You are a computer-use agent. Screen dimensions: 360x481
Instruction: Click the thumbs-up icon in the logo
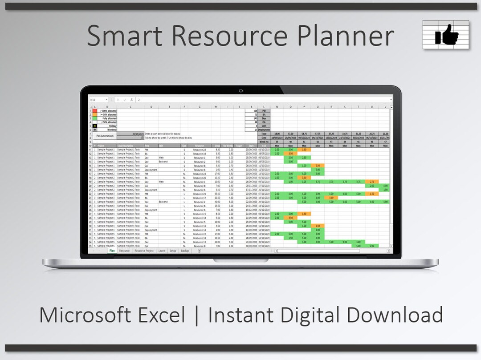tap(446, 34)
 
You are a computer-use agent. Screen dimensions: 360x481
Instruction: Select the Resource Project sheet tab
tap(144, 251)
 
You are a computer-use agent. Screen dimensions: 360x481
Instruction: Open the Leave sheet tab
tap(162, 251)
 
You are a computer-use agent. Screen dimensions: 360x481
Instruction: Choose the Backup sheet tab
tap(185, 251)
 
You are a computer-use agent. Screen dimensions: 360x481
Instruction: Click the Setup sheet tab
tap(173, 251)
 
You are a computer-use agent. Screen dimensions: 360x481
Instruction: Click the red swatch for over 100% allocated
tap(94, 110)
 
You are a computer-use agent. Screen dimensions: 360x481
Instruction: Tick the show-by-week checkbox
tap(143, 138)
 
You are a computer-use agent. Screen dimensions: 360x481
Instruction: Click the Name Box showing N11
tap(98, 100)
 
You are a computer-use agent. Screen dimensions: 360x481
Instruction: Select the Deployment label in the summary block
tap(264, 130)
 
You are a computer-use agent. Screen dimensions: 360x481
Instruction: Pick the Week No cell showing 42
tap(318, 142)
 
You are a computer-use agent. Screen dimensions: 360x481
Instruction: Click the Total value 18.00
tap(277, 133)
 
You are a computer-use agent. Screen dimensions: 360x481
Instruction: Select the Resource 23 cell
tap(200, 150)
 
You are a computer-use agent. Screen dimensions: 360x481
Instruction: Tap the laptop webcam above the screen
tap(240, 91)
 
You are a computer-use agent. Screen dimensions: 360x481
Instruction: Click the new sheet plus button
tap(199, 251)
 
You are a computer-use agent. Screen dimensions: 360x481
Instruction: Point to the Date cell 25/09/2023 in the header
tap(290, 138)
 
